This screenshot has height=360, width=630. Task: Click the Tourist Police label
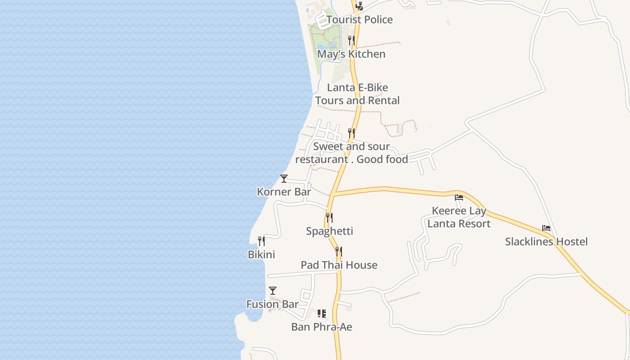[360, 20]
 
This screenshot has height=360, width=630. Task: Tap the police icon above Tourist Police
[359, 6]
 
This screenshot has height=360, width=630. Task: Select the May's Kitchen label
[351, 54]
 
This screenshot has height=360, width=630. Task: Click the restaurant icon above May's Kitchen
[351, 40]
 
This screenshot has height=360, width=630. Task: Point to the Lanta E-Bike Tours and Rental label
[357, 94]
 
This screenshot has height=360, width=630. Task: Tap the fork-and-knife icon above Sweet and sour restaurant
[351, 133]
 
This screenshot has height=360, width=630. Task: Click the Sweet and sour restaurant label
[351, 153]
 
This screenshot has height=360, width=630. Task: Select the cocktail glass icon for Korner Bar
[284, 179]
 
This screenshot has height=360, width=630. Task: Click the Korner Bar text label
[284, 192]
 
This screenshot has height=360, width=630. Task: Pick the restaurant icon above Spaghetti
[329, 218]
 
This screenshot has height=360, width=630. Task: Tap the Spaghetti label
[329, 231]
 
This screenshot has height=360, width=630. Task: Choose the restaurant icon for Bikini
[261, 241]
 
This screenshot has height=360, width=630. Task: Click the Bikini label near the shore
[261, 255]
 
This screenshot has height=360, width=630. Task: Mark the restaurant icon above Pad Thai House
[339, 252]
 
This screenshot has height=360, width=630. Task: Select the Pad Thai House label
[339, 265]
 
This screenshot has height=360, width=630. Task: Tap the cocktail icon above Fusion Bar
[273, 291]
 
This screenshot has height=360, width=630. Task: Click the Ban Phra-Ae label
[322, 327]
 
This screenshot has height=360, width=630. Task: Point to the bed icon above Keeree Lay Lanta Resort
[459, 197]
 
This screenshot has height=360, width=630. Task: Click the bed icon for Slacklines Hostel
[546, 228]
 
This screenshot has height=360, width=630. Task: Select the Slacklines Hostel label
[546, 242]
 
